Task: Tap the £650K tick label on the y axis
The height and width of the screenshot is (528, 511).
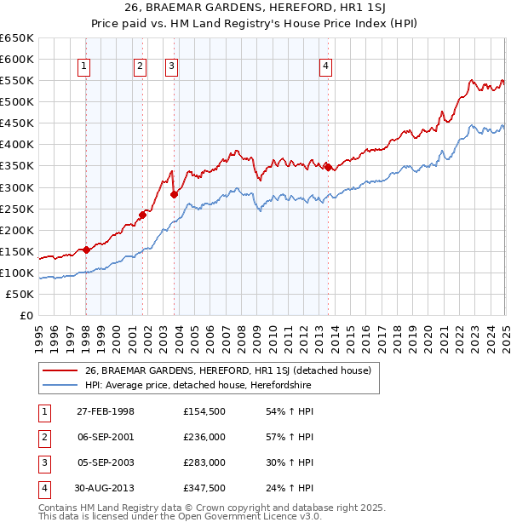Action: click(x=17, y=38)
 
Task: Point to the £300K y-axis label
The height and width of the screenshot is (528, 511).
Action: click(x=17, y=187)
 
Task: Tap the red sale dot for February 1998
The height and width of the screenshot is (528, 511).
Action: click(x=87, y=250)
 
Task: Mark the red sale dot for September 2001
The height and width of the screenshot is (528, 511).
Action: click(x=142, y=215)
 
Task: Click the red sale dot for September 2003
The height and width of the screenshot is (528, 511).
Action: click(x=174, y=194)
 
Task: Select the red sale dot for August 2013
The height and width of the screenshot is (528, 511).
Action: click(x=328, y=167)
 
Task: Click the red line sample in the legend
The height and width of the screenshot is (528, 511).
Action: click(x=59, y=370)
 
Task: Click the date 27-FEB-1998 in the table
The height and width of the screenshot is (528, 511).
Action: click(x=106, y=411)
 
